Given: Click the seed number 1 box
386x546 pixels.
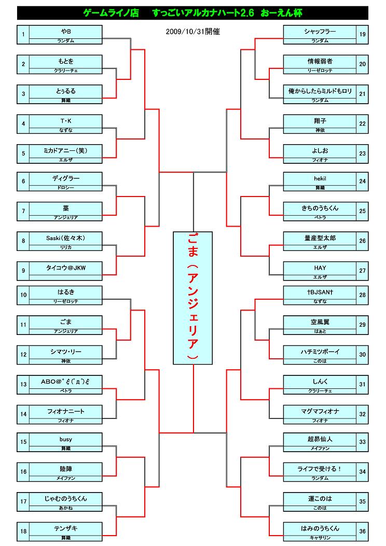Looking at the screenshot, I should (23, 35).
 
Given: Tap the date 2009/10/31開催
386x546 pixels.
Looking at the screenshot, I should (193, 32).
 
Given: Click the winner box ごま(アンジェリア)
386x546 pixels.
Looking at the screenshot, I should (193, 298).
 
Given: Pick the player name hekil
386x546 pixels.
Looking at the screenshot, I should (320, 178).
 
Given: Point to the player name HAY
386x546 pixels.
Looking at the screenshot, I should (320, 268).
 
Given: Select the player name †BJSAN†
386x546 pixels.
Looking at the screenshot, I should (320, 292).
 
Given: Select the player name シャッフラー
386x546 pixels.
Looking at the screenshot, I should (320, 32).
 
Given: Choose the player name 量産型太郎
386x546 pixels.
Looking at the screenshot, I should (320, 238).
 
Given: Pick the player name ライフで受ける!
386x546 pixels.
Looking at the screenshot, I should (320, 469).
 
